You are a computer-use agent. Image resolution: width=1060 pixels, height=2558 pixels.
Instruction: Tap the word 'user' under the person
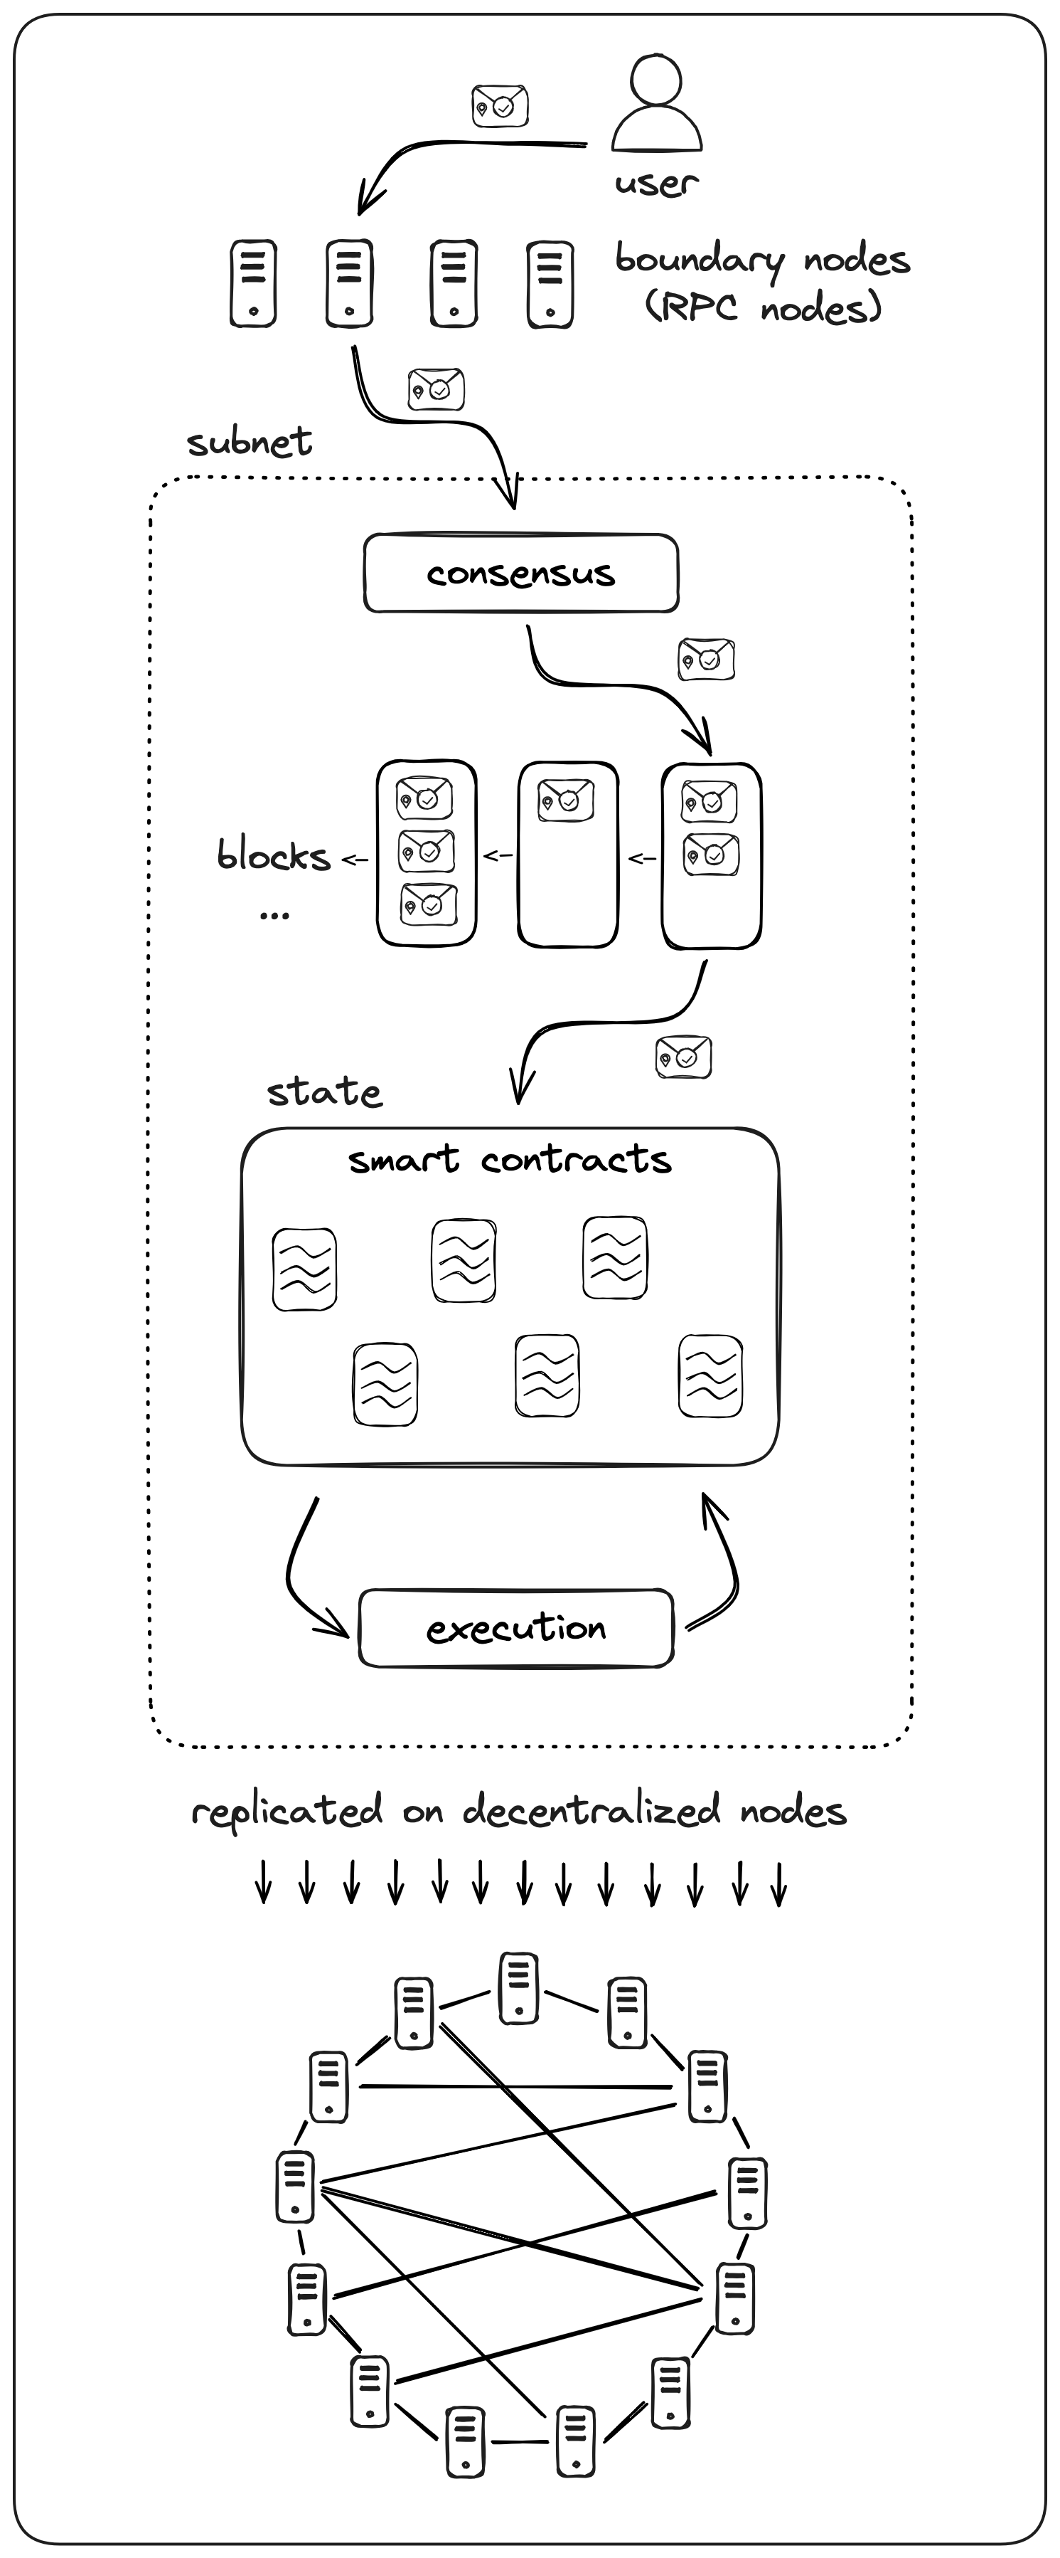(656, 183)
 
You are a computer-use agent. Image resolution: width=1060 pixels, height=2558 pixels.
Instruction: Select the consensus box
(521, 573)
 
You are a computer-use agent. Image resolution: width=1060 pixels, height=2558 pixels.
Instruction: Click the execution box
(516, 1627)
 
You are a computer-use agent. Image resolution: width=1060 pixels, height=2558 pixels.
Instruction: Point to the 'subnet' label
(249, 442)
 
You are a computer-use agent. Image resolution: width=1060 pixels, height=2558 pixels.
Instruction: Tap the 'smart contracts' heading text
(509, 1160)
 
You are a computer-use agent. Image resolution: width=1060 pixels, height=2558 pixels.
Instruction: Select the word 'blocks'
(273, 856)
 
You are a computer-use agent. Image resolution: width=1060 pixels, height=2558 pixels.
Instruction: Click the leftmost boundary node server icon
(253, 283)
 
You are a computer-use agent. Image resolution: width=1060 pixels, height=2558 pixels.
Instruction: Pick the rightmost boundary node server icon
(550, 284)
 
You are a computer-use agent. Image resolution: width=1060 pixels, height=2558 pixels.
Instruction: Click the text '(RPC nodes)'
(764, 308)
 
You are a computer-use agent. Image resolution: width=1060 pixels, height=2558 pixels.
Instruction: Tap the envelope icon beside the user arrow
(499, 105)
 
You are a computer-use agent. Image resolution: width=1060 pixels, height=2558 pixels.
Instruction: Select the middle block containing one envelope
(568, 854)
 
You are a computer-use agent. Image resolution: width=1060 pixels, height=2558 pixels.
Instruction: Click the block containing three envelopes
(427, 852)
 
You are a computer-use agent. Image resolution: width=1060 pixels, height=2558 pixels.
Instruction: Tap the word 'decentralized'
(591, 1810)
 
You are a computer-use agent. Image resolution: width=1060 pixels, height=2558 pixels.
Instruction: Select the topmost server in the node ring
(518, 1987)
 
